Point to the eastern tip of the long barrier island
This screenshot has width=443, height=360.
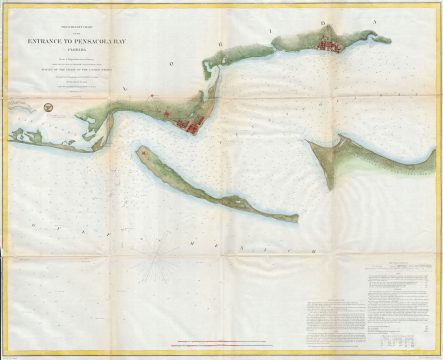click(x=297, y=217)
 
